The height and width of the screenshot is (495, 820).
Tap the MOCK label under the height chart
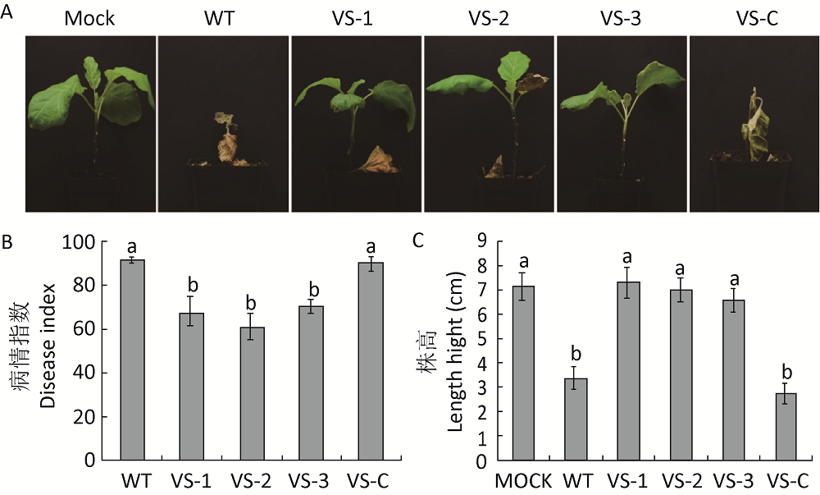[523, 479]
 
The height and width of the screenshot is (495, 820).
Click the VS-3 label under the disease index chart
[312, 479]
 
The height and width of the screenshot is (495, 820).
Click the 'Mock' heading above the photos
[90, 18]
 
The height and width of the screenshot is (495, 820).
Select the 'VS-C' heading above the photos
[753, 18]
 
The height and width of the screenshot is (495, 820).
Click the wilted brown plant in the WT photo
[225, 141]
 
